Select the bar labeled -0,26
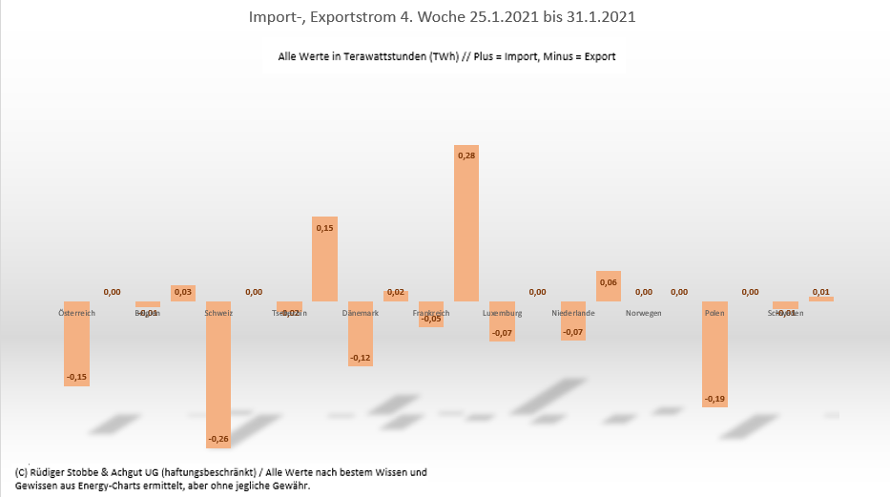(218, 372)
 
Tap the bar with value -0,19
(714, 353)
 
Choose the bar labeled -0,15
(76, 343)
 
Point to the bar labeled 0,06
(608, 286)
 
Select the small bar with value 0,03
(183, 294)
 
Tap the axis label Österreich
(77, 313)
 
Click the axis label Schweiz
(218, 313)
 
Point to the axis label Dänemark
(360, 313)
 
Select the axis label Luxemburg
(502, 313)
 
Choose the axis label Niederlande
(573, 313)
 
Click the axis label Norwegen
(644, 313)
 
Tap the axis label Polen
(714, 313)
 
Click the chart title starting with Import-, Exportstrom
(445, 17)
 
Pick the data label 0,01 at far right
(820, 292)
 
